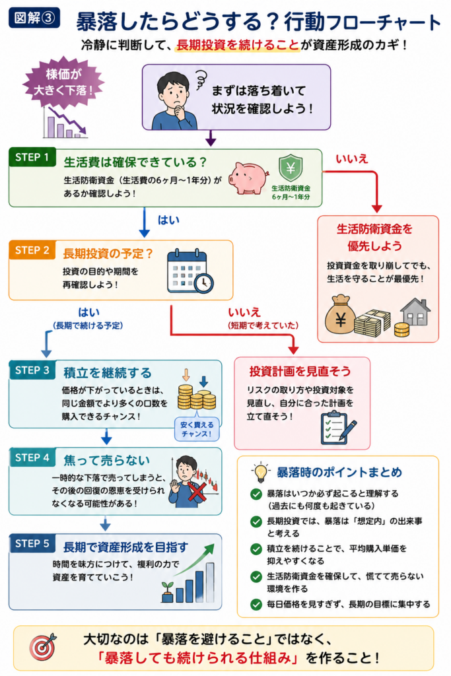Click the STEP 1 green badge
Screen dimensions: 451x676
[x=32, y=158]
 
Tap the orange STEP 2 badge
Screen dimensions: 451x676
[x=32, y=250]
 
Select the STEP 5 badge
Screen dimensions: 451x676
[x=32, y=544]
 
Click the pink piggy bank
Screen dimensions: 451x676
[x=248, y=178]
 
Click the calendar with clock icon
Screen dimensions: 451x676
[x=190, y=271]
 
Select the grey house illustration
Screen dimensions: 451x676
[x=415, y=312]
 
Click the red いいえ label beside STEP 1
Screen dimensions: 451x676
[x=352, y=159]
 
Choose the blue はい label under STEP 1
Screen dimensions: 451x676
[x=168, y=220]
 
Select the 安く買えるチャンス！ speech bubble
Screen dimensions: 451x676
[x=197, y=429]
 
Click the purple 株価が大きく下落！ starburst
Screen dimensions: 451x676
[x=63, y=82]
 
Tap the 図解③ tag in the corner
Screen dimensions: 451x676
[x=34, y=18]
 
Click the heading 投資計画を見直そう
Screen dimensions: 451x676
[x=300, y=371]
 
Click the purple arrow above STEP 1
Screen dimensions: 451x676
[x=211, y=137]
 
